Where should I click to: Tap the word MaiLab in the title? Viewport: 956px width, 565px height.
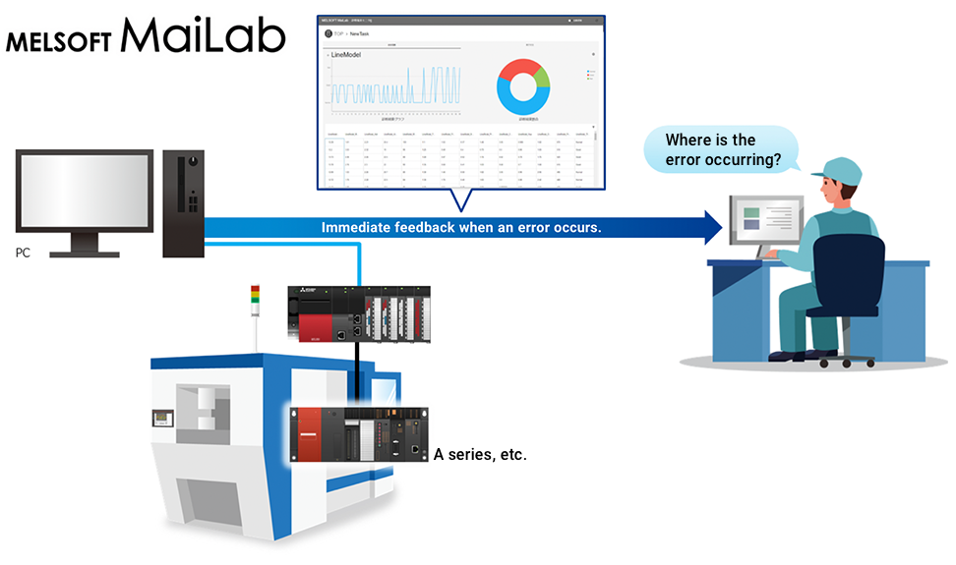(x=204, y=37)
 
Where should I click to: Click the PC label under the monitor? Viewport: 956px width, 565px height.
(x=23, y=253)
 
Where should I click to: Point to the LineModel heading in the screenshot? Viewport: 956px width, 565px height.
(x=346, y=55)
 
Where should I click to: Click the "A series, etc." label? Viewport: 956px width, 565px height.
(x=480, y=455)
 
